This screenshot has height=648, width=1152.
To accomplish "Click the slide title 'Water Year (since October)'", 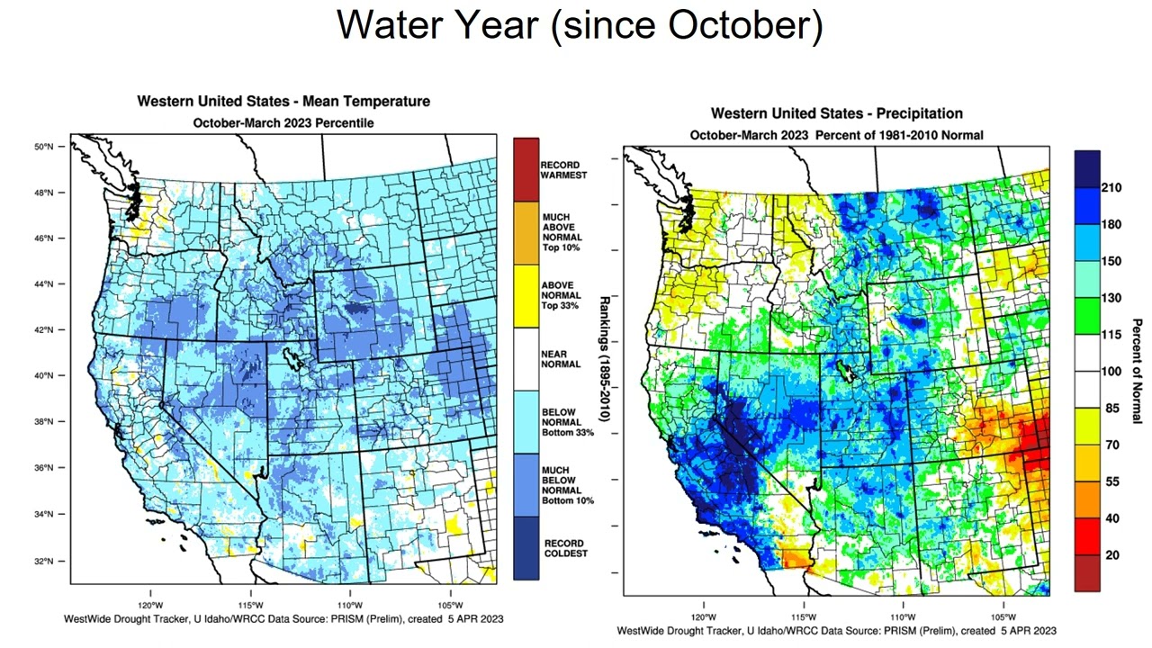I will pos(580,24).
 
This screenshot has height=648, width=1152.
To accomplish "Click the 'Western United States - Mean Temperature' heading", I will pos(283,102).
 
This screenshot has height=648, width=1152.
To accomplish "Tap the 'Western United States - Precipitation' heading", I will pos(836,113).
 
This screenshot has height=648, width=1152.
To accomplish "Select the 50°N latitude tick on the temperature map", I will pos(54,146).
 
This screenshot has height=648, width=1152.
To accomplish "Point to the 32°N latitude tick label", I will pos(54,561).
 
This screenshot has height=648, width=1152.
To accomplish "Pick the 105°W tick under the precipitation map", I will pos(1003,617).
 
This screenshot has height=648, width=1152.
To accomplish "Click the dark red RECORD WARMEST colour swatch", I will pos(526,169).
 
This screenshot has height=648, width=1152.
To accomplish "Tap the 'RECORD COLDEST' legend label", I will pos(563,548).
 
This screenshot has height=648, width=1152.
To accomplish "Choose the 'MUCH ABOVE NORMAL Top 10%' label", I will pos(562,231).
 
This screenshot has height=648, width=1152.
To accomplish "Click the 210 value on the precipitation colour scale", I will pos(1111,187).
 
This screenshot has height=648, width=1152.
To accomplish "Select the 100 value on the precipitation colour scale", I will pos(1111,371).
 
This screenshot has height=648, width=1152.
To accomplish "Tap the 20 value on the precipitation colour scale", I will pos(1111,555).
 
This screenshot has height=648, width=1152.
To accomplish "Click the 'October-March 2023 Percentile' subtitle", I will pos(283,122).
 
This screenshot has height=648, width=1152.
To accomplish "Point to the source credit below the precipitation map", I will pos(836,631).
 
